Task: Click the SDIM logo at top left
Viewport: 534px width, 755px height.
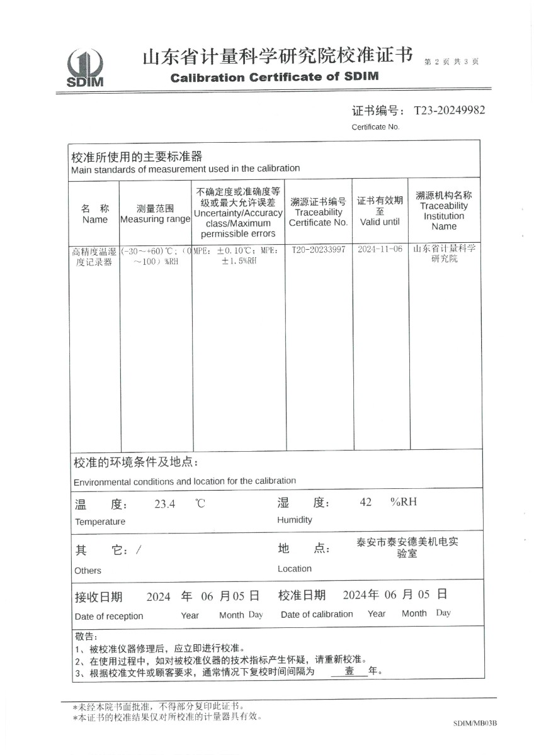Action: pyautogui.click(x=86, y=68)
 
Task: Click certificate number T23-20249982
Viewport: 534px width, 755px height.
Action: pyautogui.click(x=449, y=111)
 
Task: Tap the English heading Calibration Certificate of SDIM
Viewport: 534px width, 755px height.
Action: pyautogui.click(x=275, y=77)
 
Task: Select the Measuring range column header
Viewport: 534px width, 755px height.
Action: pyautogui.click(x=155, y=214)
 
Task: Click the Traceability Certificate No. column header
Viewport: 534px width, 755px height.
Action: pyautogui.click(x=318, y=212)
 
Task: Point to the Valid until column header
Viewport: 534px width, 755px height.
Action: pyautogui.click(x=380, y=211)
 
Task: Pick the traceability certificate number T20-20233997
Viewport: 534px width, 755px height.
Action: pyautogui.click(x=319, y=250)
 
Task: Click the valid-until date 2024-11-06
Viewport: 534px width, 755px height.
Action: pyautogui.click(x=380, y=249)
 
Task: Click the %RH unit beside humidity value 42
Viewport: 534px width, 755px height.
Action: pyautogui.click(x=403, y=501)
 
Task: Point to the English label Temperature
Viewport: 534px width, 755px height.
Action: pyautogui.click(x=100, y=522)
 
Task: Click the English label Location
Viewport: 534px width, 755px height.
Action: pyautogui.click(x=295, y=569)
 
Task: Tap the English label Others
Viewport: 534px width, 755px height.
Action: pyautogui.click(x=88, y=571)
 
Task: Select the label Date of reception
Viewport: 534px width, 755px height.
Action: pyautogui.click(x=109, y=616)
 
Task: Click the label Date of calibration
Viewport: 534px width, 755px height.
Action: pyautogui.click(x=317, y=614)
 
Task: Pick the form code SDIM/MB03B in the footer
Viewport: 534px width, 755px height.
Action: pyautogui.click(x=475, y=724)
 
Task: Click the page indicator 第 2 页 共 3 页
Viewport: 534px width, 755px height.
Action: pyautogui.click(x=452, y=62)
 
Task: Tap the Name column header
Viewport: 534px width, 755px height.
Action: pyautogui.click(x=95, y=214)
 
